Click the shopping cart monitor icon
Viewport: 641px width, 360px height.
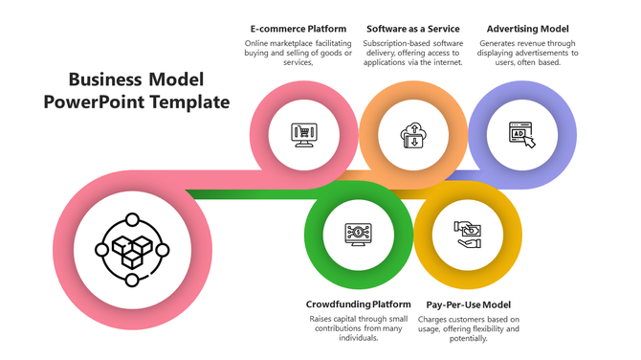(304, 134)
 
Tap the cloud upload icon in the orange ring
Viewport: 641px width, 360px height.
(413, 135)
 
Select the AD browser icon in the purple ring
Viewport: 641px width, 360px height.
(521, 135)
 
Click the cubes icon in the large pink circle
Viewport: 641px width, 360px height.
(131, 250)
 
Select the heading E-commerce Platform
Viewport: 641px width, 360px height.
(298, 29)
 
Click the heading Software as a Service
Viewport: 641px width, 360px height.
(413, 29)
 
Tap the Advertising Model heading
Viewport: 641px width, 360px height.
(529, 29)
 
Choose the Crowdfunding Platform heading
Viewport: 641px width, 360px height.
(358, 304)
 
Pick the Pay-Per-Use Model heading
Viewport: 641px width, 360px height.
(469, 304)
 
